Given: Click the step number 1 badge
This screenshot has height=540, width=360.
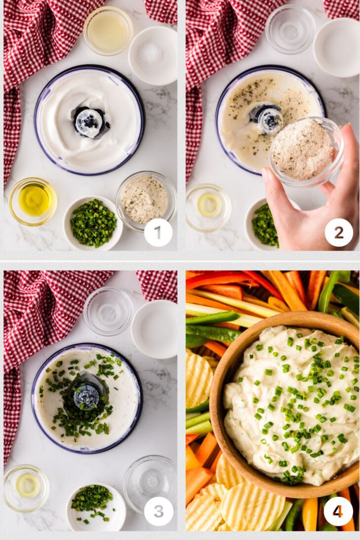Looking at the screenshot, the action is point(158,232).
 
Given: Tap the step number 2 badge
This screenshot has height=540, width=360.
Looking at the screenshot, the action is point(339,232).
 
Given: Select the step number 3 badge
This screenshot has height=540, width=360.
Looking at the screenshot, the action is point(158,511).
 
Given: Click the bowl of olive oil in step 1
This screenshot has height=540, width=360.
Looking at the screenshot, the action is point(33,201).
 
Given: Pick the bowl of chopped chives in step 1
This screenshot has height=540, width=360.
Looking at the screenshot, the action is point(93,223).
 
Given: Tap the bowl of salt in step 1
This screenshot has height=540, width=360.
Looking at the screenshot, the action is point(153,56).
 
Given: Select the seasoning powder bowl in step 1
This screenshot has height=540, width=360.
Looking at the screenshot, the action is point(146,201).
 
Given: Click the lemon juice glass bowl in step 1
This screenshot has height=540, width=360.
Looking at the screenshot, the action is point(108,31).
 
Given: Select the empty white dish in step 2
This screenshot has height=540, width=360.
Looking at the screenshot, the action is point(337,47).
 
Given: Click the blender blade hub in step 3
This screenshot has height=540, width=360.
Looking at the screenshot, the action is point(87,395).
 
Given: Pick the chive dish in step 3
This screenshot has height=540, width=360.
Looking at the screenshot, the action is point(96,507).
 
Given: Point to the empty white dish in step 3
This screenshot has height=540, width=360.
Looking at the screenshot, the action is point(154,329).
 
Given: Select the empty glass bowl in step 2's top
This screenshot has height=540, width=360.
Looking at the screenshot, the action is point(290,29).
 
